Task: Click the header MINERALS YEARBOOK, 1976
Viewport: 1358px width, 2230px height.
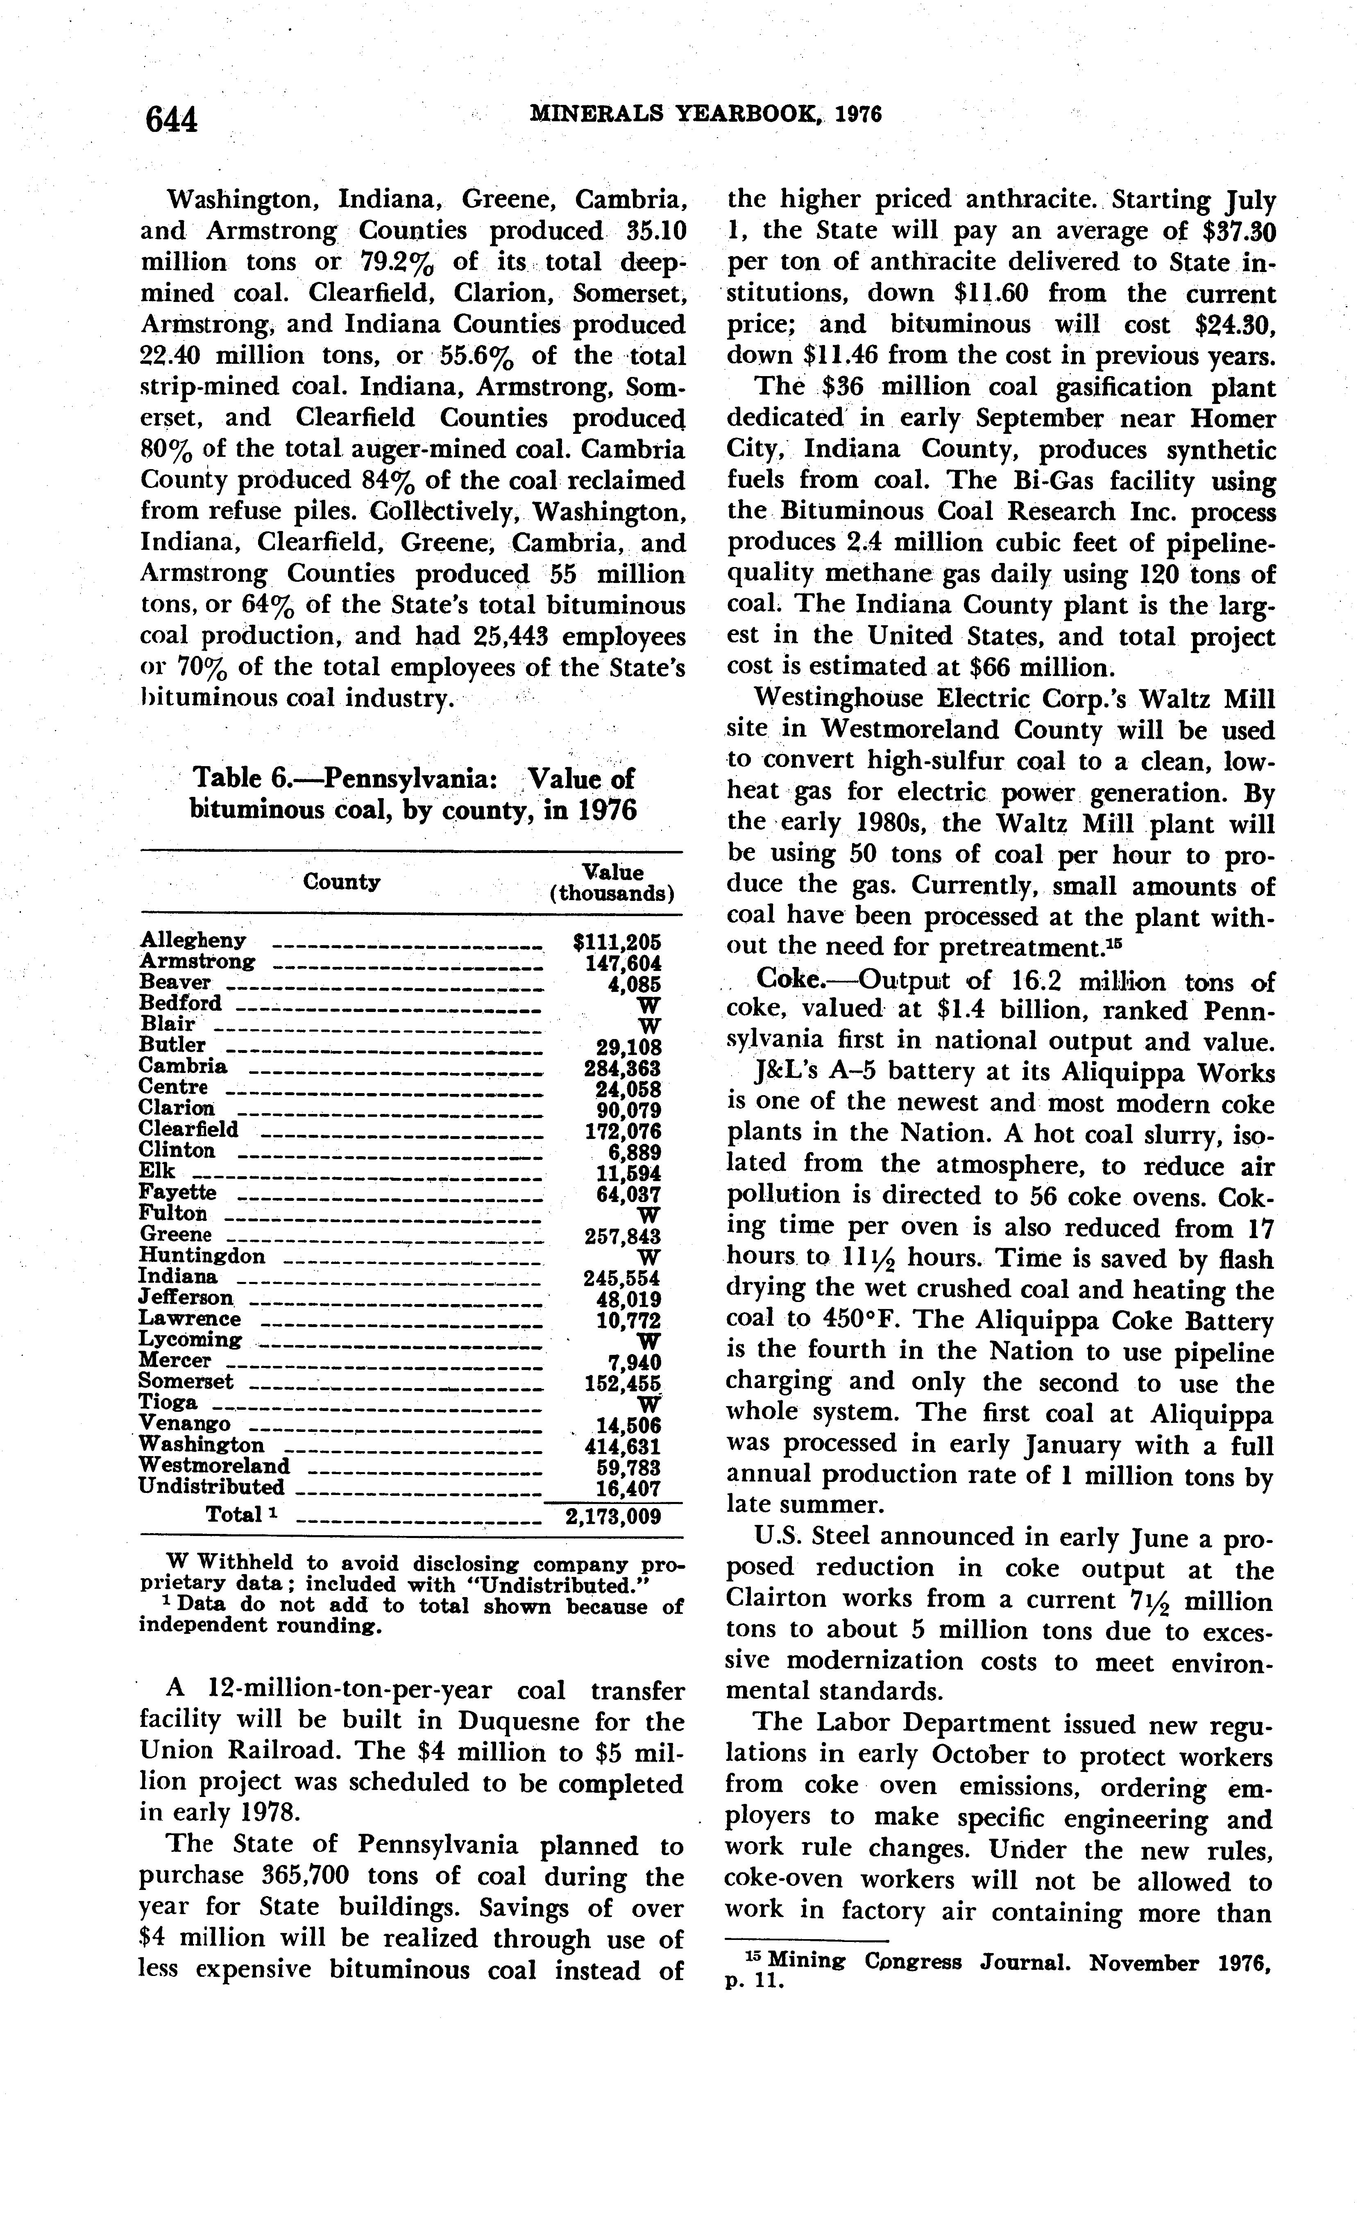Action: click(704, 114)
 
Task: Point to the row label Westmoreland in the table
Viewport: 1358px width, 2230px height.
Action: click(214, 1465)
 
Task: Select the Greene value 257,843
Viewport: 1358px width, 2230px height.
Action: click(622, 1236)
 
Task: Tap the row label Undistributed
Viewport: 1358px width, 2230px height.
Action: click(212, 1487)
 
